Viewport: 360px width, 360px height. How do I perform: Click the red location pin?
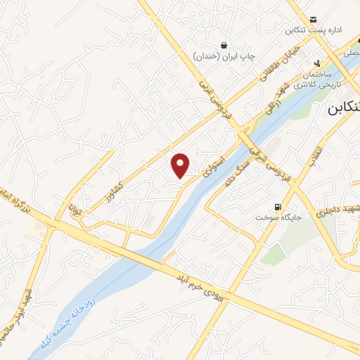[x=181, y=165]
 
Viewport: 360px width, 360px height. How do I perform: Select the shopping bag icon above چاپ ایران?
[x=224, y=44]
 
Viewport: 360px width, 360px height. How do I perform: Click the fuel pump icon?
[x=279, y=207]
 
